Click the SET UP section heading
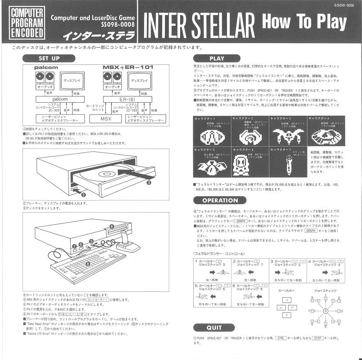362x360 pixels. coord(49,58)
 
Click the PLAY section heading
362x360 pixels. coord(216,58)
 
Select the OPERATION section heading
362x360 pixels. coord(220,200)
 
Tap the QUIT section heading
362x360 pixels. coord(213,328)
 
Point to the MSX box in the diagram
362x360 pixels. coord(106,119)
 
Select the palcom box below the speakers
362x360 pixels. coord(60,99)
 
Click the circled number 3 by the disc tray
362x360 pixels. coord(149,181)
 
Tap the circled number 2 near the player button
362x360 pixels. coord(83,195)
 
